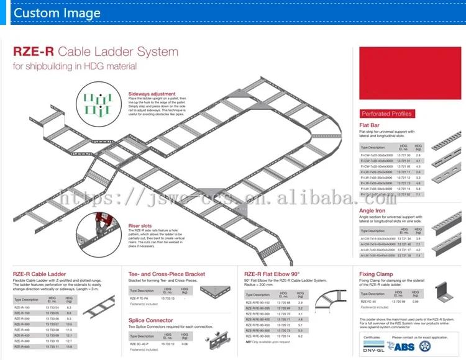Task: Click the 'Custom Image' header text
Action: pyautogui.click(x=57, y=13)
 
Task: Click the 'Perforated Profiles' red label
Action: pyautogui.click(x=386, y=114)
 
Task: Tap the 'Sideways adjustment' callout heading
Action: pyautogui.click(x=152, y=94)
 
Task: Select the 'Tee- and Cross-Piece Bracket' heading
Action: pyautogui.click(x=167, y=273)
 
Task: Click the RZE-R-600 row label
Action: pyautogui.click(x=22, y=346)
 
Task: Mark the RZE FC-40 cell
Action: pyautogui.click(x=368, y=302)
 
